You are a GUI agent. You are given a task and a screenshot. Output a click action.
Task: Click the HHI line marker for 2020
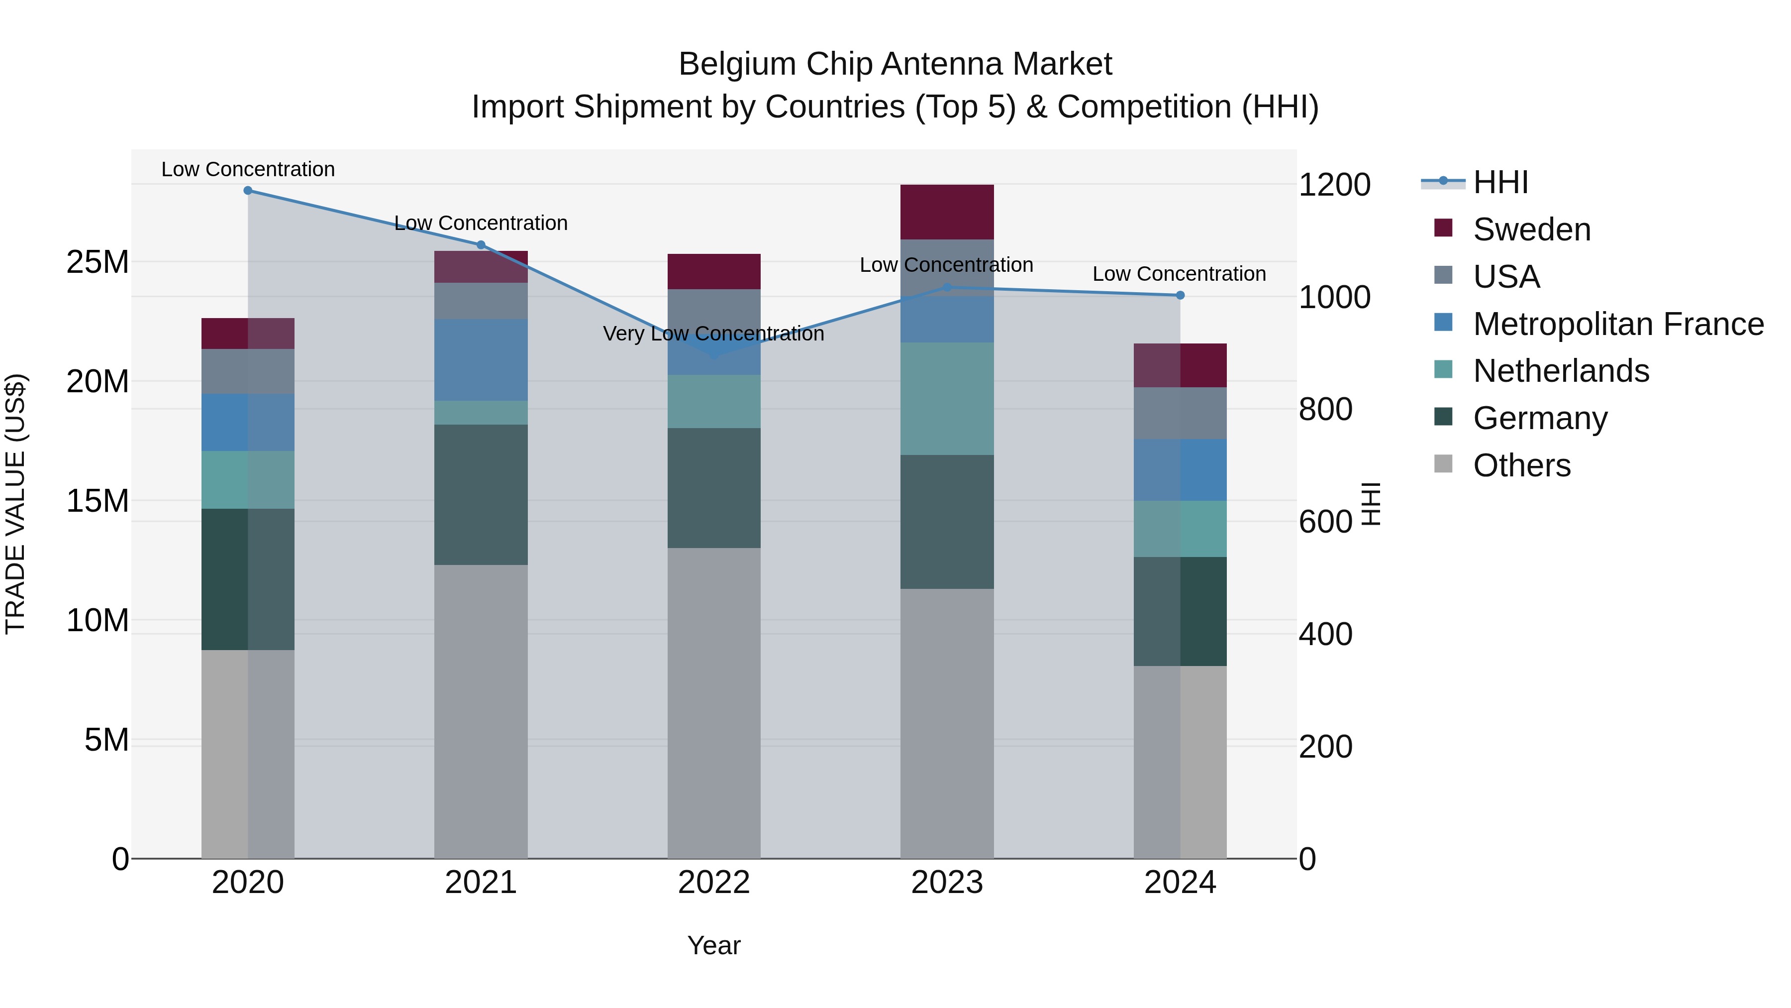click(248, 191)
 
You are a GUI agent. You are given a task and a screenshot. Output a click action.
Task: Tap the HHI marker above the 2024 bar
click(1180, 296)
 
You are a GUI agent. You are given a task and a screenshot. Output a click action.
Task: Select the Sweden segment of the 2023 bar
click(947, 212)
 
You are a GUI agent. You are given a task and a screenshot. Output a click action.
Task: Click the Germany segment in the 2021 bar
click(481, 495)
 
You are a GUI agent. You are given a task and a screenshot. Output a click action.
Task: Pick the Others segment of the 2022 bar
click(714, 702)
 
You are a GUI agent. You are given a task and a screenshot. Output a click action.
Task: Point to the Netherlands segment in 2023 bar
click(947, 399)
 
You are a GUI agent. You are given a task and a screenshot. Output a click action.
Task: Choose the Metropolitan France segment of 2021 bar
click(481, 360)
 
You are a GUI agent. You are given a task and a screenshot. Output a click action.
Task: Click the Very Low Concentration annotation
click(713, 334)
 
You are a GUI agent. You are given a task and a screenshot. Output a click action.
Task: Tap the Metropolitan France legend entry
click(1617, 324)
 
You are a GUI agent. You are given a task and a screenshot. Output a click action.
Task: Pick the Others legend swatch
click(1443, 464)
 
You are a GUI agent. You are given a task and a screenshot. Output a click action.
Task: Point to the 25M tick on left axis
click(98, 262)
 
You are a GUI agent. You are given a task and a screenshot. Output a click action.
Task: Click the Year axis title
click(713, 945)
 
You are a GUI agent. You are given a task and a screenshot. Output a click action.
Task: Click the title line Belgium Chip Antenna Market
click(895, 64)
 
